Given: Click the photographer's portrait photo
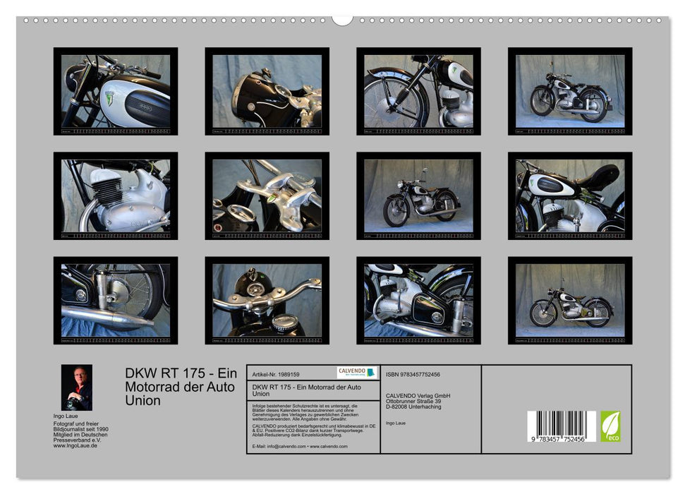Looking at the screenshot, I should pyautogui.click(x=76, y=387).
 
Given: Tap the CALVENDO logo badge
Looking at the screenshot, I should pyautogui.click(x=356, y=373).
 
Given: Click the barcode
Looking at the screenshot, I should pyautogui.click(x=561, y=426).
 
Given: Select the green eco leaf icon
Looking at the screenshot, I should pyautogui.click(x=610, y=426).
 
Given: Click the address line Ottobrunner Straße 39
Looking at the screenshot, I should pyautogui.click(x=418, y=402).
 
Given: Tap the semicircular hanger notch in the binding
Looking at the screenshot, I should pyautogui.click(x=342, y=19).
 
